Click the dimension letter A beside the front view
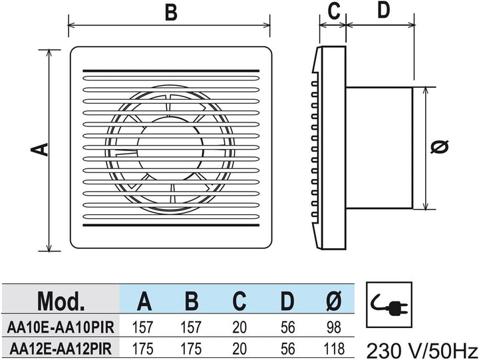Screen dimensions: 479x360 [x=39, y=150]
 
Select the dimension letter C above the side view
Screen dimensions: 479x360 [x=333, y=11]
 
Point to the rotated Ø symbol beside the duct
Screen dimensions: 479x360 [x=440, y=146]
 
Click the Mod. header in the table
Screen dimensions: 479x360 [x=61, y=301]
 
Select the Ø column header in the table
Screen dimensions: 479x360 [x=333, y=301]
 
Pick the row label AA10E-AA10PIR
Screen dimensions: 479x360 [x=61, y=327]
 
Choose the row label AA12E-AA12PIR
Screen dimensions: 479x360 [x=61, y=349]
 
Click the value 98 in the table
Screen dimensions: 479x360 [x=333, y=327]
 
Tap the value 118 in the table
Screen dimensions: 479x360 [x=333, y=349]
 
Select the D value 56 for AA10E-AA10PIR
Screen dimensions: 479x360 [x=288, y=327]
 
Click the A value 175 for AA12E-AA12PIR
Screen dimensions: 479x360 [x=142, y=349]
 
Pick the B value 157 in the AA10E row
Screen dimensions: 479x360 [x=191, y=327]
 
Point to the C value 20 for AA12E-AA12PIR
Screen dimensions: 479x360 [x=239, y=349]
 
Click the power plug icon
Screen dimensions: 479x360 [x=389, y=305]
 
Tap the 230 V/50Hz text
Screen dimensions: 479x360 [x=422, y=351]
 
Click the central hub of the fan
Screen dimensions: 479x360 [x=170, y=148]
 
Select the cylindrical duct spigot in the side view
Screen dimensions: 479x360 [x=379, y=148]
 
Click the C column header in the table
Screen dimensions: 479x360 [x=239, y=301]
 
